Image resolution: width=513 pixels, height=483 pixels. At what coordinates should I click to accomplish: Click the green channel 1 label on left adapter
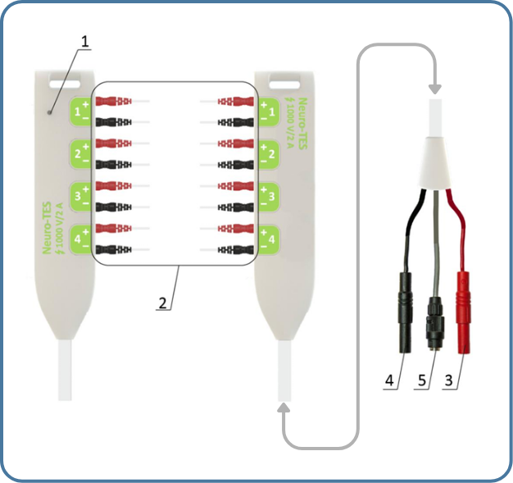(x=81, y=111)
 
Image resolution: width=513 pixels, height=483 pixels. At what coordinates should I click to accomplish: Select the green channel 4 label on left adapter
(x=81, y=238)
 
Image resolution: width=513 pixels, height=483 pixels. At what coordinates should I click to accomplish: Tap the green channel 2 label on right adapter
(x=267, y=153)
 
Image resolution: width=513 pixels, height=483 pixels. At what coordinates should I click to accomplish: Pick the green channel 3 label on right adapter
(x=267, y=196)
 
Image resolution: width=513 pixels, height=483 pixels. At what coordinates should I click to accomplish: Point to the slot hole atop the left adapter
(x=66, y=81)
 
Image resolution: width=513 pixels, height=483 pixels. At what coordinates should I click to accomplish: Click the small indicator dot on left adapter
(x=51, y=111)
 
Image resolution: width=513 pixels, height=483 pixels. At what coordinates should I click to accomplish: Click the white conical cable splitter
(x=435, y=162)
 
